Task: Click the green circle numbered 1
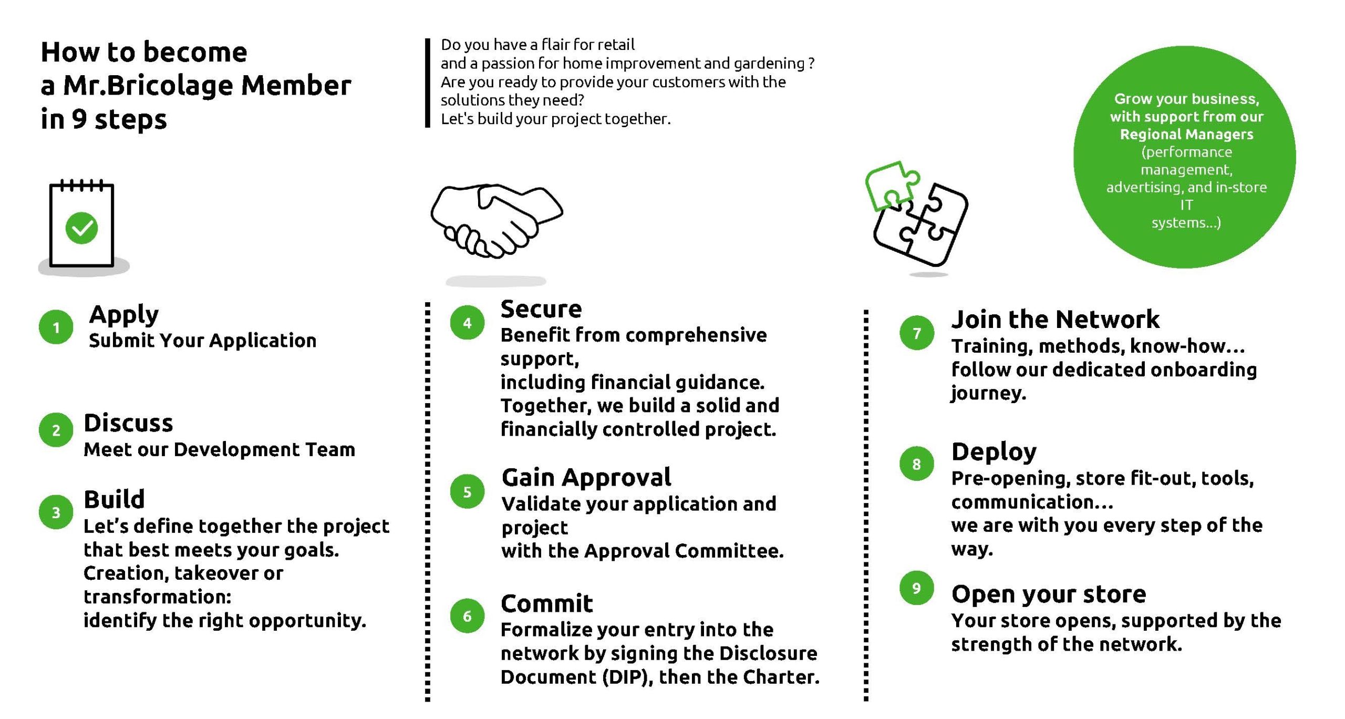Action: tap(56, 327)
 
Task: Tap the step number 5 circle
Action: tap(467, 491)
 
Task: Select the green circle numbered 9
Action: tap(916, 588)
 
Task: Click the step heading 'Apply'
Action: tap(124, 315)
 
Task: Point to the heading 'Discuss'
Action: tap(128, 423)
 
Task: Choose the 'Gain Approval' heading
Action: tap(586, 478)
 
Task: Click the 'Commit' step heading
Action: tap(546, 603)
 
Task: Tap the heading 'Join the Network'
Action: tap(1056, 319)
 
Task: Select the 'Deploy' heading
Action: tap(994, 452)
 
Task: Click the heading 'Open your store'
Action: tap(1049, 594)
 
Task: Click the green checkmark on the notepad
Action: tap(81, 228)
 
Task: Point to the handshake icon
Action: tap(496, 221)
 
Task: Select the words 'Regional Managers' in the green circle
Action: tap(1186, 135)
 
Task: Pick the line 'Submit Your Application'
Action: tap(203, 341)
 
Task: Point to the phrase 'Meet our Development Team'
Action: tap(220, 449)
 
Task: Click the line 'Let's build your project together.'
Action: tap(556, 119)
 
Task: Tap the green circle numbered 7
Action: tap(916, 333)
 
